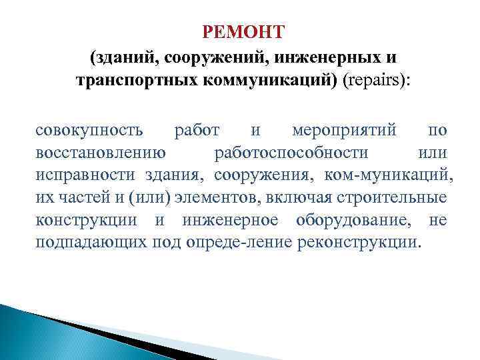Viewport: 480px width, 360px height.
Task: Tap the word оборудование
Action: tap(347, 220)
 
